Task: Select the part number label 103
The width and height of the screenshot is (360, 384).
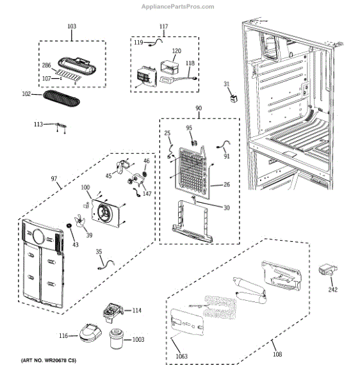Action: [x=72, y=26]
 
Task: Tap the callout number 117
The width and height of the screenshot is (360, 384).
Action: [x=163, y=26]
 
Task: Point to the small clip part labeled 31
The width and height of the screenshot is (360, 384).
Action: [x=234, y=98]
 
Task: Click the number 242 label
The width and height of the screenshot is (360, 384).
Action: [x=332, y=289]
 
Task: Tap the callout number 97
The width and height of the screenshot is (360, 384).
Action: [x=55, y=179]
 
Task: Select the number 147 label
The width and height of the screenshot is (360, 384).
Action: [x=147, y=193]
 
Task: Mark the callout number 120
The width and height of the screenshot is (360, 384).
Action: [x=176, y=50]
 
